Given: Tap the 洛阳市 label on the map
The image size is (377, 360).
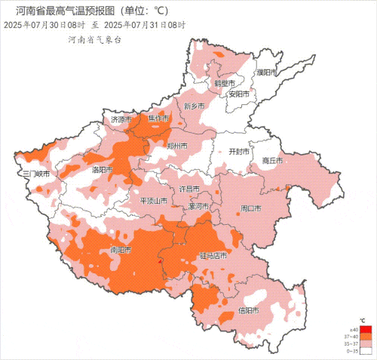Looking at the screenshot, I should point(103,170).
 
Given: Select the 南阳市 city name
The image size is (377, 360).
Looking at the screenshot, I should point(121,250).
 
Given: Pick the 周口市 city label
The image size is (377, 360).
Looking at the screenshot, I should point(250,208).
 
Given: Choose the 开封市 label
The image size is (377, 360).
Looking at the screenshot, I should point(239,151).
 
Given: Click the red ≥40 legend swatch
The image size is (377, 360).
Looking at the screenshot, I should point(365,330).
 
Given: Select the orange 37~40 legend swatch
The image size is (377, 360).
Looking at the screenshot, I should point(365,337).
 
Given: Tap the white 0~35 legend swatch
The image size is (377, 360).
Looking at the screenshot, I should point(365,350).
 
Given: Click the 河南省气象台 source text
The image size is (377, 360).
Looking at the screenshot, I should point(94,39).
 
